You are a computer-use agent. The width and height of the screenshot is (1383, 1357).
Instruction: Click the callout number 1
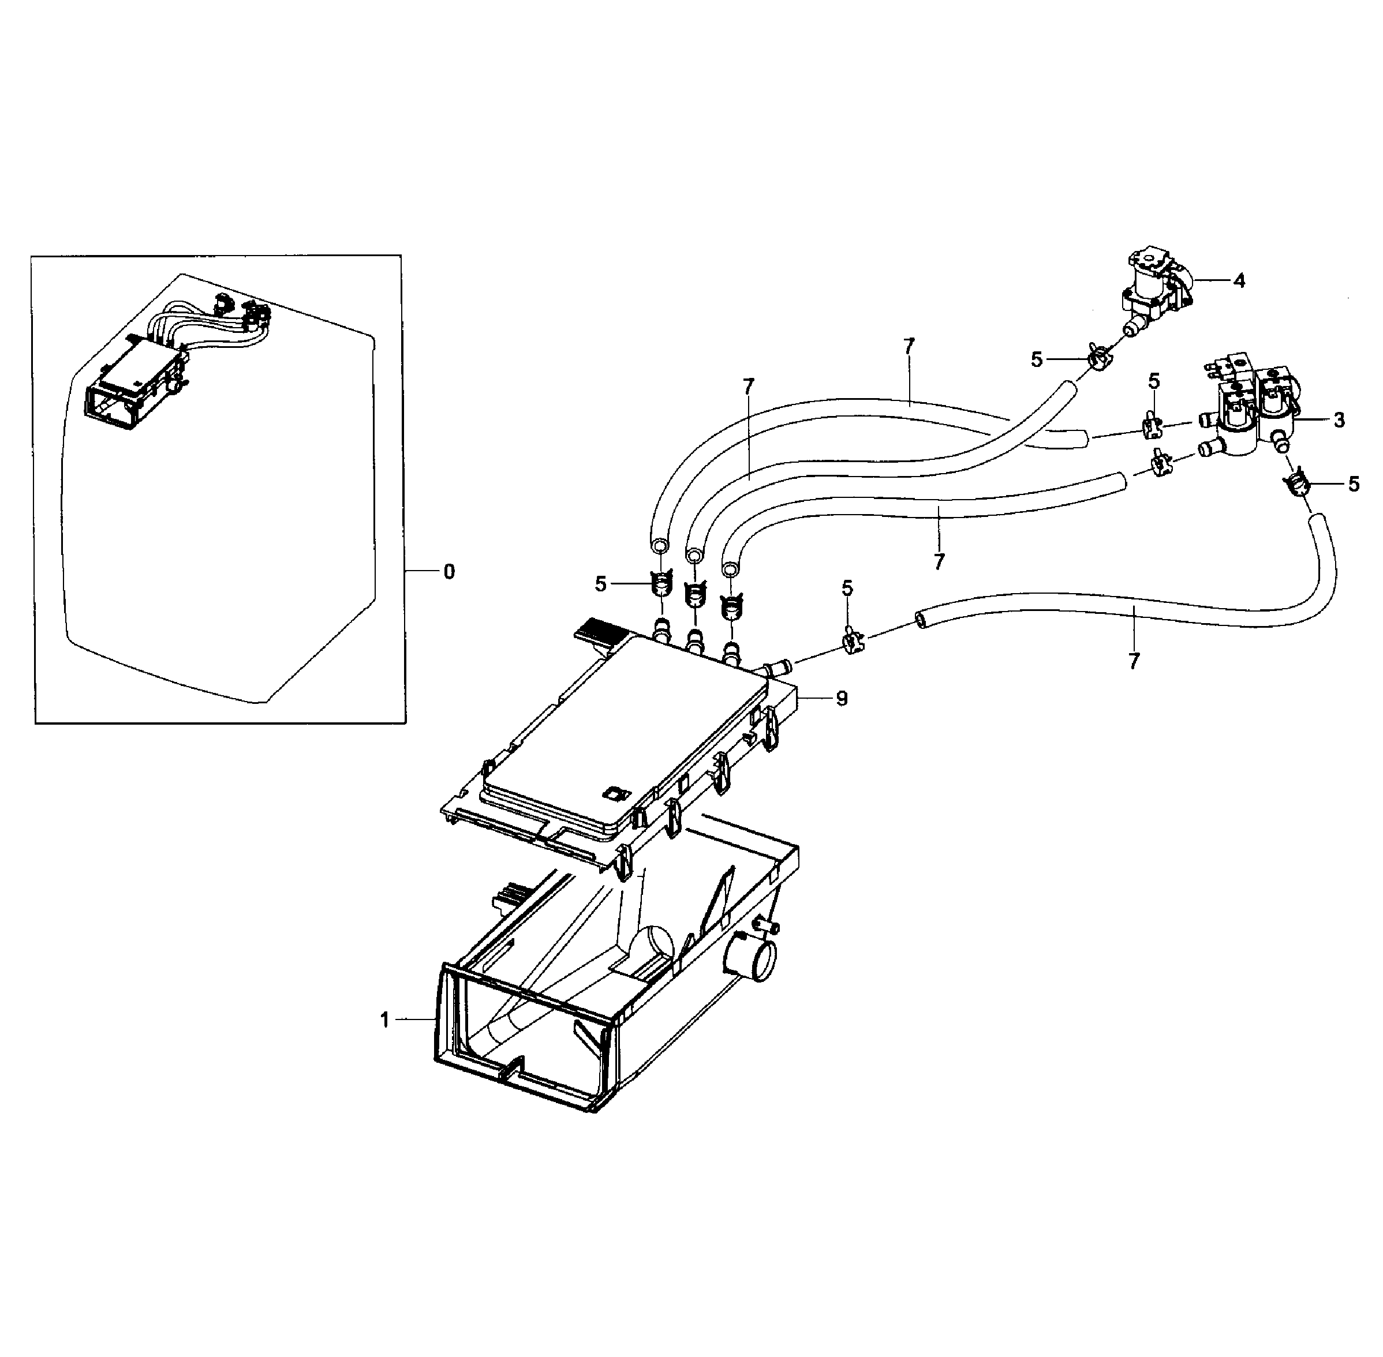click(x=384, y=1021)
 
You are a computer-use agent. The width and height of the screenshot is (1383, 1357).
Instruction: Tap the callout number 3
click(x=1339, y=421)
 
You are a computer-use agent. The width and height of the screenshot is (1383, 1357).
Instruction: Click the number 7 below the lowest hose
click(x=1134, y=661)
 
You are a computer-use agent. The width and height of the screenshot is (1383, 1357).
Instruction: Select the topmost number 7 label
click(x=908, y=347)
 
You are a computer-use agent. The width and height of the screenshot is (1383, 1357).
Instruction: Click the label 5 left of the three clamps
click(x=600, y=584)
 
